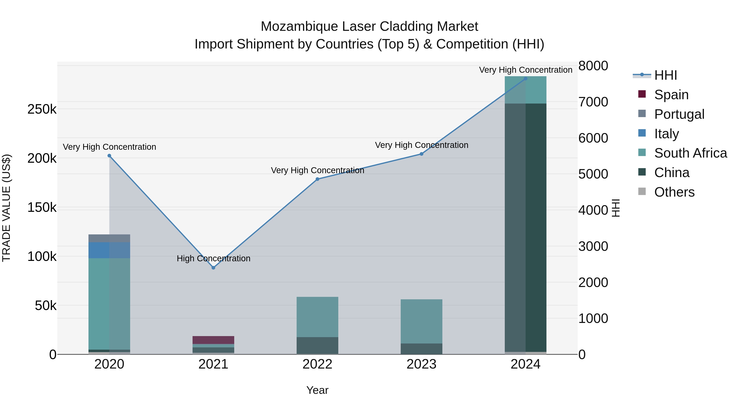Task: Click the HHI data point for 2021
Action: pyautogui.click(x=213, y=267)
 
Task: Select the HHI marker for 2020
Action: pyautogui.click(x=109, y=156)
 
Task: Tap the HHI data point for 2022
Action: pyautogui.click(x=317, y=179)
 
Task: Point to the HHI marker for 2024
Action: pyautogui.click(x=525, y=78)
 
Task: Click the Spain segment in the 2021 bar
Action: pyautogui.click(x=213, y=340)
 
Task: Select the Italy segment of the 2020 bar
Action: pyautogui.click(x=109, y=250)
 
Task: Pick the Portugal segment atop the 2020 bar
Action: pyautogui.click(x=109, y=238)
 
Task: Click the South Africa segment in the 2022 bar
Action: pyautogui.click(x=317, y=317)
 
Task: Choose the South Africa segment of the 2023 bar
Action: pyautogui.click(x=421, y=321)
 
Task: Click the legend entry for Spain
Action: pyautogui.click(x=671, y=95)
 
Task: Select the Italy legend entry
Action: pyautogui.click(x=666, y=134)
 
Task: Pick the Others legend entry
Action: pyautogui.click(x=674, y=192)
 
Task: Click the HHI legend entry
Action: pyautogui.click(x=665, y=75)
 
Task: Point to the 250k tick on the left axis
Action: pyautogui.click(x=42, y=109)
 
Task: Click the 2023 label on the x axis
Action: pyautogui.click(x=421, y=364)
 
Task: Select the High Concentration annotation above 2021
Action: pyautogui.click(x=213, y=258)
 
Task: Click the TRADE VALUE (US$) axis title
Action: pyautogui.click(x=6, y=208)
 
